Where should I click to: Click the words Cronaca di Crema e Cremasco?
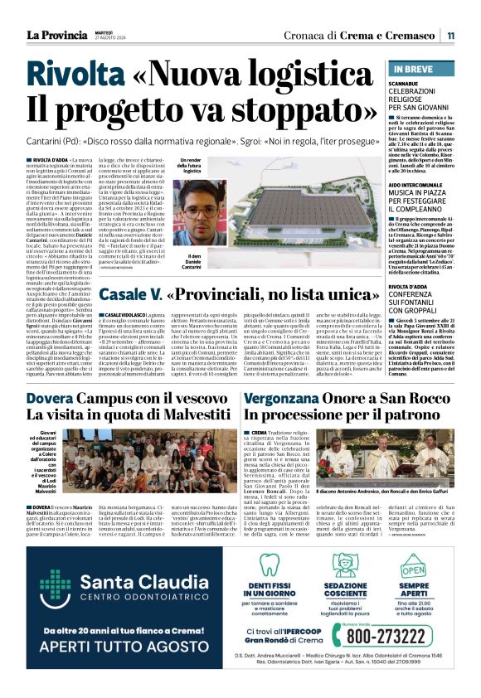coord(362,35)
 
